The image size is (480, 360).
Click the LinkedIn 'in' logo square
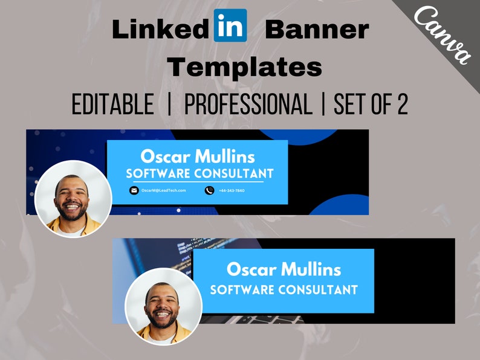[230, 25]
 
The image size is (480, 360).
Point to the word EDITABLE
[113, 104]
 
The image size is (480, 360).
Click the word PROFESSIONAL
[248, 104]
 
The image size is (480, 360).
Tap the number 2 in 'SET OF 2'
[401, 104]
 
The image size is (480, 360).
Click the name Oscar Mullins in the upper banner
[196, 157]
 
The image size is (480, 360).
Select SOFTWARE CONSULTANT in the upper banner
[199, 174]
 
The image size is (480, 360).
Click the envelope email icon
[134, 190]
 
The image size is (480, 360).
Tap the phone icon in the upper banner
[209, 190]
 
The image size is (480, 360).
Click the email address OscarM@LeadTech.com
[163, 190]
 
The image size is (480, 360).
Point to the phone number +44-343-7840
[232, 190]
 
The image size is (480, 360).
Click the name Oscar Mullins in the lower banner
[283, 269]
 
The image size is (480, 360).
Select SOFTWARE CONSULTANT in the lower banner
[284, 289]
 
